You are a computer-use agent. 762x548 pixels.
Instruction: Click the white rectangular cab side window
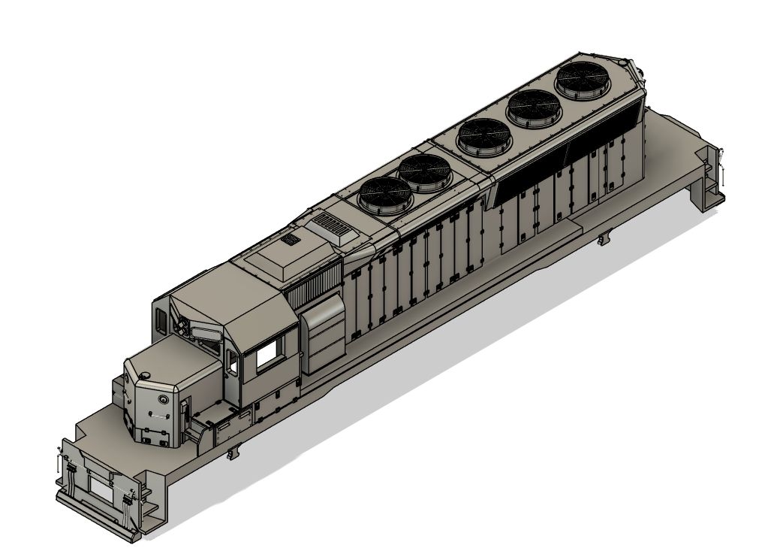pyautogui.click(x=267, y=356)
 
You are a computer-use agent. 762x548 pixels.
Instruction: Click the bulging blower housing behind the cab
pyautogui.click(x=324, y=335)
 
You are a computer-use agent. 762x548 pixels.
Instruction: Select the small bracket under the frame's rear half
pyautogui.click(x=602, y=240)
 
